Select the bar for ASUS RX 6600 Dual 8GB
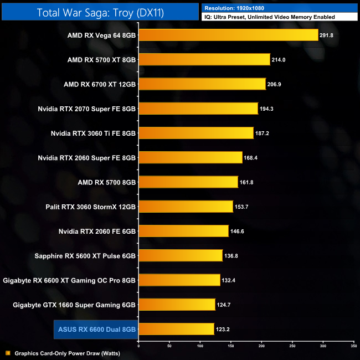(176, 329)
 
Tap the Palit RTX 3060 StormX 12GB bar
(186, 207)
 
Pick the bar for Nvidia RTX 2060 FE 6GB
(183, 231)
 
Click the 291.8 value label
(327, 35)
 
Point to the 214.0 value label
(279, 60)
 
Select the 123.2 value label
(223, 329)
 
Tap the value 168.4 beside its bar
(251, 158)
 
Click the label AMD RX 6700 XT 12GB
(100, 84)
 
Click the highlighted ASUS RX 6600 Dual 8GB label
(97, 329)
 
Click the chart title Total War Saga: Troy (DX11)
(100, 12)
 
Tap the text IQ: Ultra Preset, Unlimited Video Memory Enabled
(269, 17)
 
